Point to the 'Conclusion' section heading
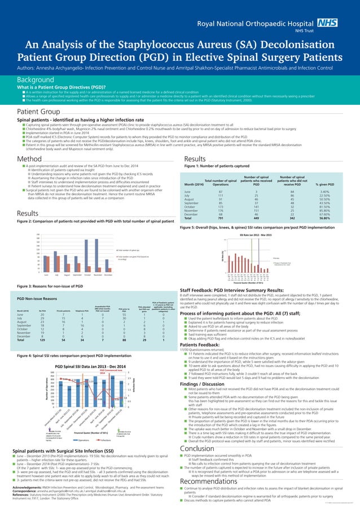tap(201, 432)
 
